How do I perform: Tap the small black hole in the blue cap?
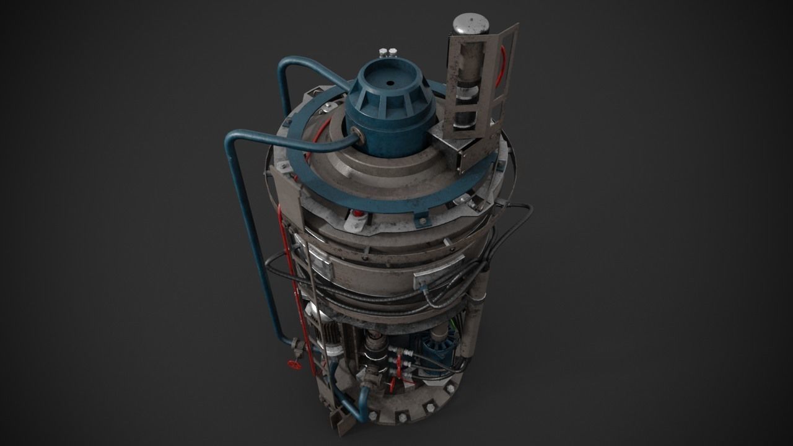point(391,81)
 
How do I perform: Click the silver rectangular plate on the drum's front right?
point(439,267)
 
